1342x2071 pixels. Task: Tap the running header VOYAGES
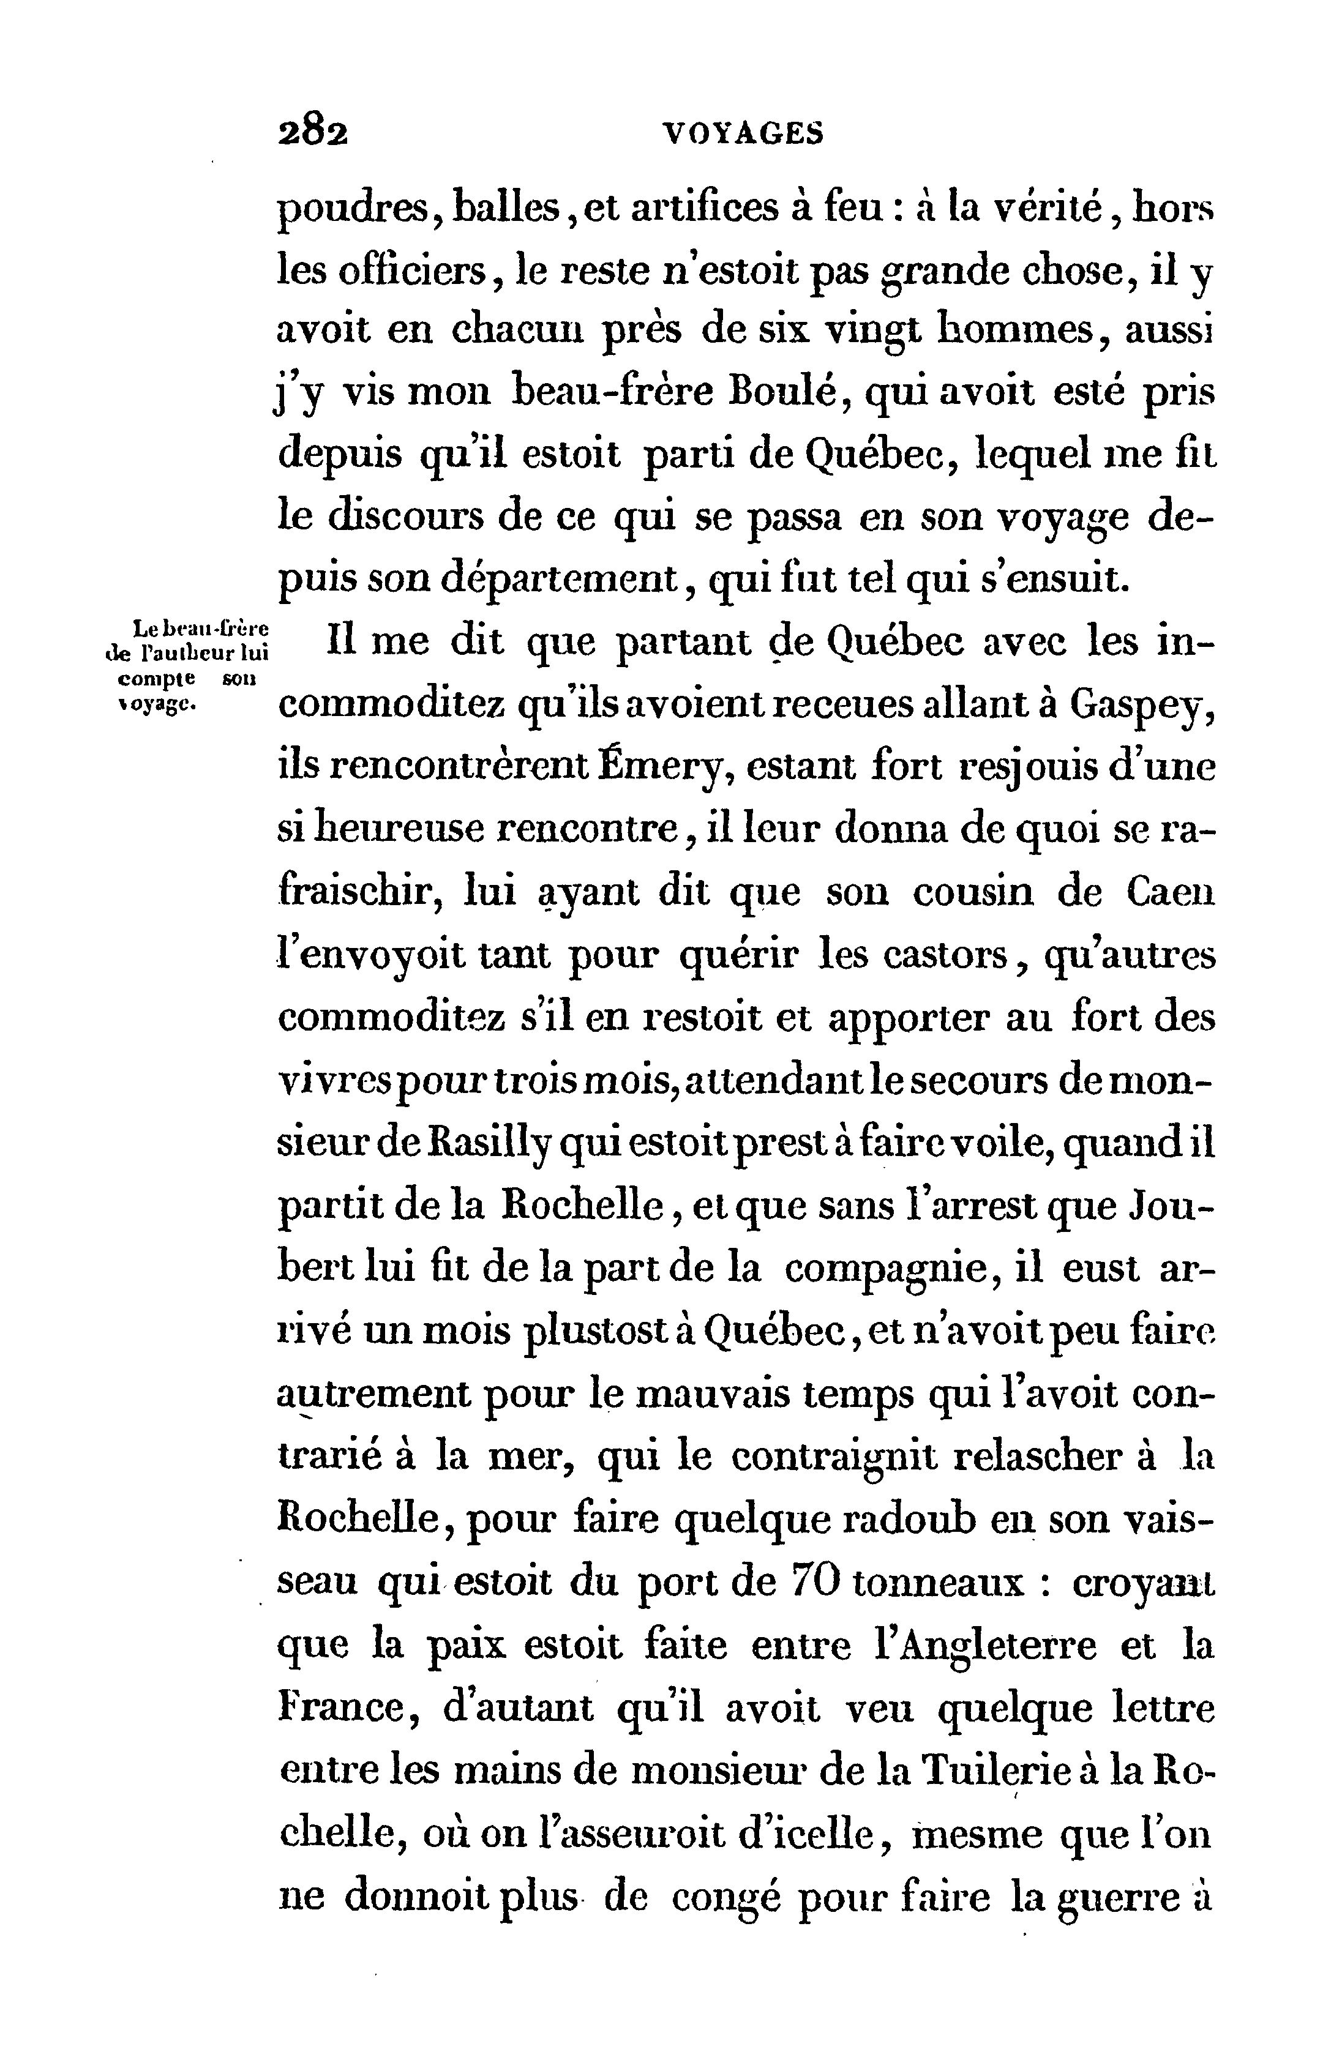pos(743,133)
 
